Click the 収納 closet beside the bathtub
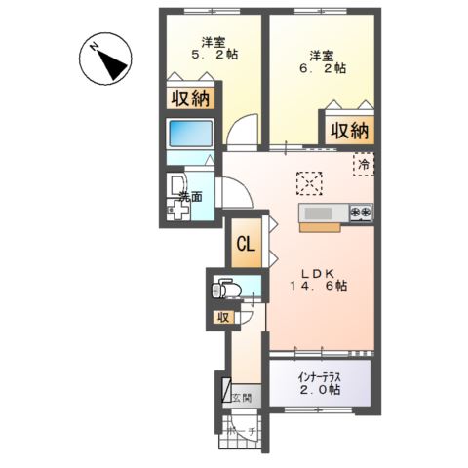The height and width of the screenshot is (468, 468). click(x=191, y=98)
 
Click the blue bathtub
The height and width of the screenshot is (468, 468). click(x=190, y=135)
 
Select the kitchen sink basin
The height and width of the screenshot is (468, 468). click(x=318, y=213)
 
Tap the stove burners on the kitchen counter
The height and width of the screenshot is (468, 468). click(x=361, y=213)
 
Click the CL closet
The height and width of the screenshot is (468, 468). click(x=247, y=245)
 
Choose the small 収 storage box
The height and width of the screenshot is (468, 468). click(x=222, y=317)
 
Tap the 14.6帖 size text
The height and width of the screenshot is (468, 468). click(x=317, y=287)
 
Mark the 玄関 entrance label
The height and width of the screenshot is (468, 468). click(x=241, y=397)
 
